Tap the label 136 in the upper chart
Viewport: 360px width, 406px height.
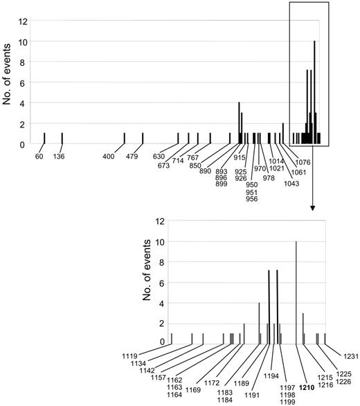(x=60, y=156)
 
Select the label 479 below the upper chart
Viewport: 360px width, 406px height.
(x=132, y=156)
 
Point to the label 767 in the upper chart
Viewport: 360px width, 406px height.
(x=202, y=157)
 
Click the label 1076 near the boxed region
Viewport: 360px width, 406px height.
(x=305, y=164)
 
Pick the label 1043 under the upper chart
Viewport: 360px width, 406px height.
(x=292, y=183)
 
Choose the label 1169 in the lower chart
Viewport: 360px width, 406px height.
(x=193, y=390)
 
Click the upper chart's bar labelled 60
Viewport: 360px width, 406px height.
(x=45, y=139)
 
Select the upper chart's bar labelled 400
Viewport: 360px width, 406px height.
(x=125, y=139)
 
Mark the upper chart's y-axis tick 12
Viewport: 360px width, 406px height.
(x=24, y=21)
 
